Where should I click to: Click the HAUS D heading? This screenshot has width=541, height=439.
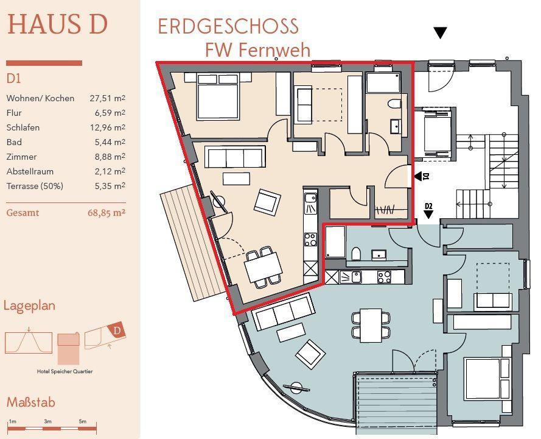coord(57,24)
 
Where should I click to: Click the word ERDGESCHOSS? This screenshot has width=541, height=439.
coord(228,27)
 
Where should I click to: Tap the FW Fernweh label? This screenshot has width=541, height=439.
coord(258,50)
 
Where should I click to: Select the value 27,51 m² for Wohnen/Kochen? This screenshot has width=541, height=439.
coord(107,98)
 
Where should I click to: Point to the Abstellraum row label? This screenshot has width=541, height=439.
coord(30,171)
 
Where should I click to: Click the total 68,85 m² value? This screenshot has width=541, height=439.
coord(106,213)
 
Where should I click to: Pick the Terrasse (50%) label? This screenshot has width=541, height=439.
coord(35,186)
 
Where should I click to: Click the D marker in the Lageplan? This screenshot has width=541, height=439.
coord(117,330)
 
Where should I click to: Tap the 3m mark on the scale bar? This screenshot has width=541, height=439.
coord(47,421)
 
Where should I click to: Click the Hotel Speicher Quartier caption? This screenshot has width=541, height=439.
coord(65,371)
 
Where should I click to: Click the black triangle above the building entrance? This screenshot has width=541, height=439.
coord(440,33)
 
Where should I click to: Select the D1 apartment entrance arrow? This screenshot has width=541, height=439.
coord(418,177)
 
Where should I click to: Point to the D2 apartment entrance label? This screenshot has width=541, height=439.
coord(428,206)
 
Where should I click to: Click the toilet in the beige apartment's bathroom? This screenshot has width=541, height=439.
coord(394,104)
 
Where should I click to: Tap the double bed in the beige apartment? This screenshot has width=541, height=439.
coord(217,97)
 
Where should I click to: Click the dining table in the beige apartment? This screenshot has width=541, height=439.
coord(263,266)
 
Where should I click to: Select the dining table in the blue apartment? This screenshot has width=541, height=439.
coord(371,326)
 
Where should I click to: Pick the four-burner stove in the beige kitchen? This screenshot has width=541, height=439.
coord(310,239)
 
